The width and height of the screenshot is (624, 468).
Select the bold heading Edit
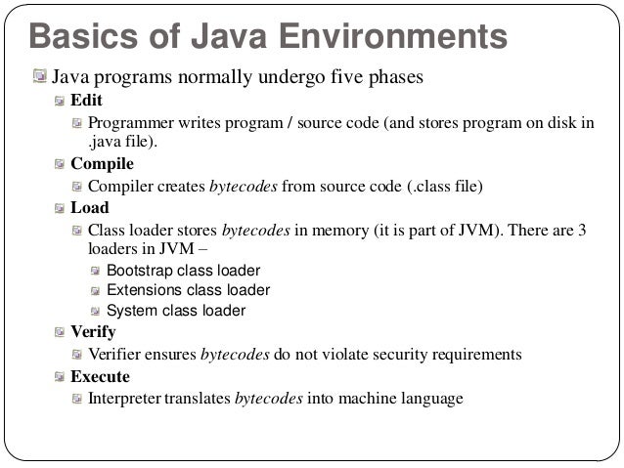[86, 101]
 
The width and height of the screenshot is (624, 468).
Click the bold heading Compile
[102, 164]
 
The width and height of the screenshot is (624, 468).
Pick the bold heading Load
[90, 208]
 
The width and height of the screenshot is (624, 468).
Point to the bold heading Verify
[93, 332]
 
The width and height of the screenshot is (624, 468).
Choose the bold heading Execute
[100, 376]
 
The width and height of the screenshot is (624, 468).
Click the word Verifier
[116, 354]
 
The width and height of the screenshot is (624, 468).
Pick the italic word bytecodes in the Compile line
[251, 186]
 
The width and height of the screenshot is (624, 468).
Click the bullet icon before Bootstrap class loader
[95, 270]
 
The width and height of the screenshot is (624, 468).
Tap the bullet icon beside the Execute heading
[61, 376]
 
